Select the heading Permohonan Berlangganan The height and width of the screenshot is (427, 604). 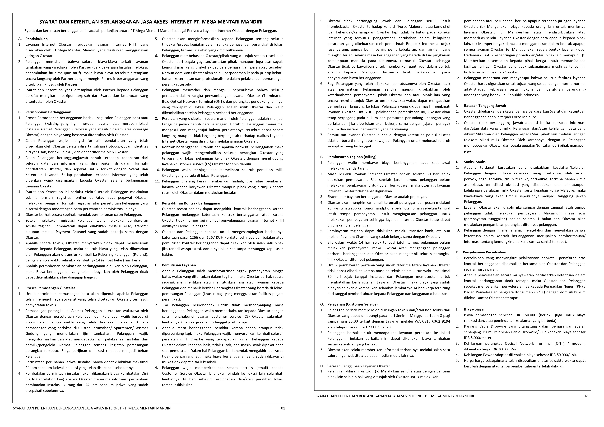coord(48,112)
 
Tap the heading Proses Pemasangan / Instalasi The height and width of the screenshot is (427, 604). coord(51,288)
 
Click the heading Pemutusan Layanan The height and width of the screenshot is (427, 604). coord(179,265)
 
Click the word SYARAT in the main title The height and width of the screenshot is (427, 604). coord(48,22)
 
